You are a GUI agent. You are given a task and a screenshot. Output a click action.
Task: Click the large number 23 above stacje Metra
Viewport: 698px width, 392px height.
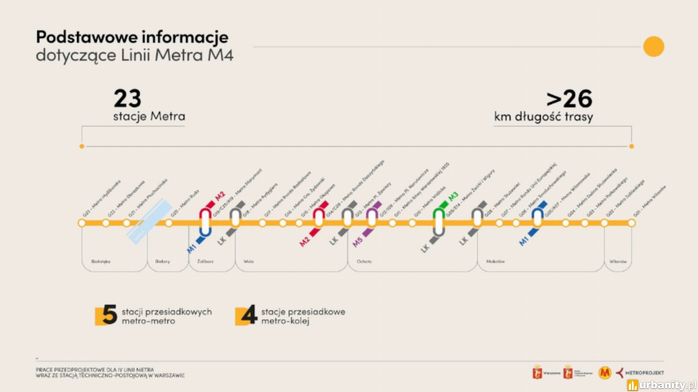point(127,98)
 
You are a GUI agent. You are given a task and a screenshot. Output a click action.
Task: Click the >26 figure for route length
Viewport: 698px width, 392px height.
point(569,98)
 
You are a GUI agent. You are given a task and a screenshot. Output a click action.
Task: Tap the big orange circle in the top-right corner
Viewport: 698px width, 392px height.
point(653,46)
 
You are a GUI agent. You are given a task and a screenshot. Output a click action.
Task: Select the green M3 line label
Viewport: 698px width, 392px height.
point(453,197)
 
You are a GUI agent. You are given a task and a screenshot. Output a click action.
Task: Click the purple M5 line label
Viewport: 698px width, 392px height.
point(357,242)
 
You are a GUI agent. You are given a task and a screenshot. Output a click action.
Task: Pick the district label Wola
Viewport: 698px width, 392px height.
point(249,262)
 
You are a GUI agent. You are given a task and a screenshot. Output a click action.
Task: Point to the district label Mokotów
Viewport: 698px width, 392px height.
point(495,262)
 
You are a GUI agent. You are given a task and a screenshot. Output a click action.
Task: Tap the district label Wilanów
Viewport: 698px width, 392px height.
point(618,262)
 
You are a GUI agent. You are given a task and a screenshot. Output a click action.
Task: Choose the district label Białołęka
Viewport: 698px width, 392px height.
point(101,262)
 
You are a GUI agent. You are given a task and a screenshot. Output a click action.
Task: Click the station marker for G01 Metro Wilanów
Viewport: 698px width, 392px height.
point(631,223)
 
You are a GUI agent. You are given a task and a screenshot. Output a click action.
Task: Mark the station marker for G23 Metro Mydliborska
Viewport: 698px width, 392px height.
point(82,223)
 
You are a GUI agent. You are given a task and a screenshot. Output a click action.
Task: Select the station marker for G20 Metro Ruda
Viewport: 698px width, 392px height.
point(169,223)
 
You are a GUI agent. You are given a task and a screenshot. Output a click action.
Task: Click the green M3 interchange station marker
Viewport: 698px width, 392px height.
point(439,222)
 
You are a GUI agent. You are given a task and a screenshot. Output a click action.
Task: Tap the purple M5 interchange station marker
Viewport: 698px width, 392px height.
point(372,218)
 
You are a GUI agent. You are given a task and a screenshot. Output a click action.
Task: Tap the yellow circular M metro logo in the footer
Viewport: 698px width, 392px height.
point(605,373)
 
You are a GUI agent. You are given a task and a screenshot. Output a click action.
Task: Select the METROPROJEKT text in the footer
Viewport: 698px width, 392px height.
point(644,373)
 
